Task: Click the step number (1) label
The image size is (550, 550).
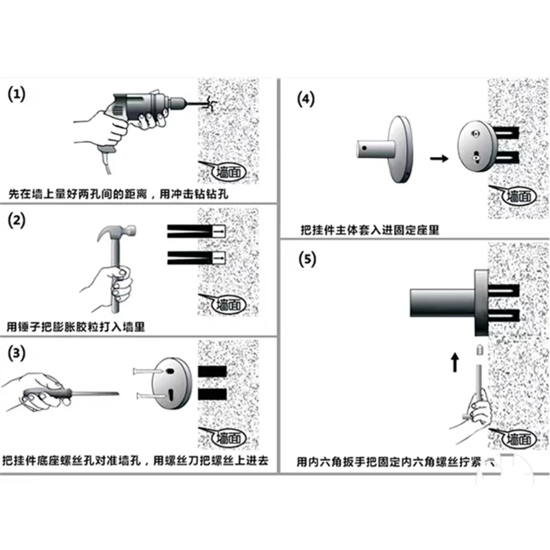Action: [17, 95]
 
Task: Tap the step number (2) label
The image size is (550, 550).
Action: [17, 221]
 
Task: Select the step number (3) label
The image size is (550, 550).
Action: [17, 353]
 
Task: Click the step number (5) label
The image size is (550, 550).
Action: [307, 260]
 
